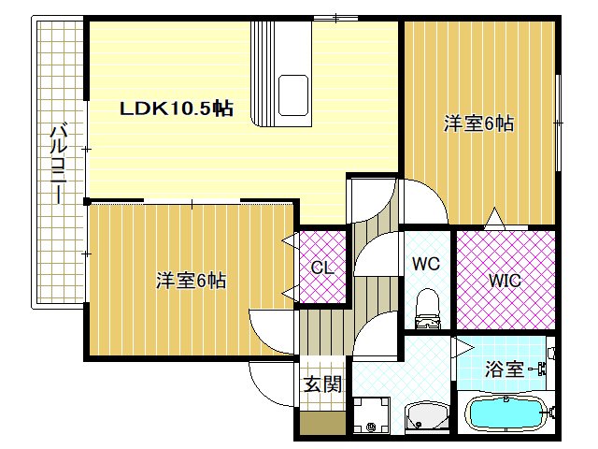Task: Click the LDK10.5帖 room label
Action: pos(176,109)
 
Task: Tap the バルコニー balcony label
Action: pos(57,165)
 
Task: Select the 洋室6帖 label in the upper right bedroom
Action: pos(478,123)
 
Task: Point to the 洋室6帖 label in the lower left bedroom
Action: pos(191,280)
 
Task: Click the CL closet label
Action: pos(322,268)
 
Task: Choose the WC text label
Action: pos(426,264)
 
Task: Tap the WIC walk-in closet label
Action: pos(505,279)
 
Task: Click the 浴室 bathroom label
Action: pos(505,369)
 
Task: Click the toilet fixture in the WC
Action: pos(427,307)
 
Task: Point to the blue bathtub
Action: pos(505,413)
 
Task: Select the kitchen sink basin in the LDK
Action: pos(296,94)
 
